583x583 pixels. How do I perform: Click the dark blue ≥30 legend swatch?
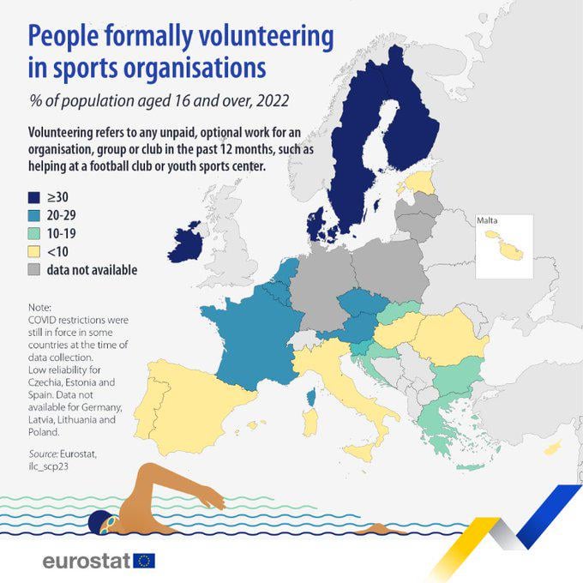(x=33, y=197)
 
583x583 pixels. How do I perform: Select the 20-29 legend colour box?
(x=33, y=215)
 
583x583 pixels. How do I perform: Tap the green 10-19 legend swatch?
(x=33, y=233)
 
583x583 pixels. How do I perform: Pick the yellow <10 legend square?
(x=33, y=252)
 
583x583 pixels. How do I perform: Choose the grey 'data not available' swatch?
(x=33, y=270)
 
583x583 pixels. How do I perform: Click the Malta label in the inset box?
(x=487, y=220)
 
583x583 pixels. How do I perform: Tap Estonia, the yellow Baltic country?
(x=419, y=182)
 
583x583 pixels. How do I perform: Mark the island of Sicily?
(x=359, y=452)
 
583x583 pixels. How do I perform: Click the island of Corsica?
(x=311, y=398)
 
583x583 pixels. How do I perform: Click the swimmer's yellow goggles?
(x=111, y=523)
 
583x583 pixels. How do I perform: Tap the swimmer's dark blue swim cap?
(x=98, y=522)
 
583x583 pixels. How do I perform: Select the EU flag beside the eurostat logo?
(x=144, y=561)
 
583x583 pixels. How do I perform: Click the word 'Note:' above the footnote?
(x=39, y=308)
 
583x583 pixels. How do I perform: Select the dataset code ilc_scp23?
(x=48, y=466)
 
